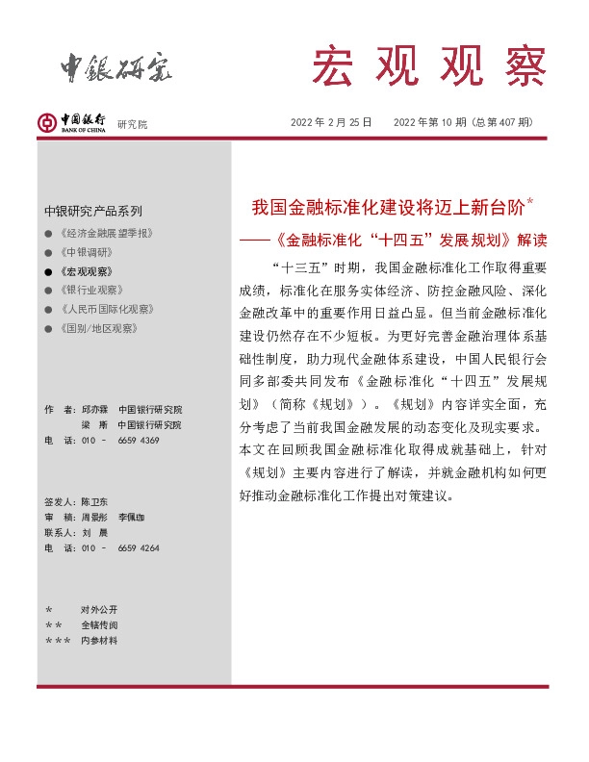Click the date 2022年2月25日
[x=330, y=122]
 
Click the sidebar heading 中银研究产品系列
[x=93, y=211]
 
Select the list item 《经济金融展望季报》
[x=105, y=234]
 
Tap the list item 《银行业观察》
[x=91, y=290]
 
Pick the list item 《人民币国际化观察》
[x=105, y=309]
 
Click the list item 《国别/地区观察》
[x=98, y=328]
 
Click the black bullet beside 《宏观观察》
[x=48, y=271]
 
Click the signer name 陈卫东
[x=95, y=502]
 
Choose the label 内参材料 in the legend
[x=99, y=640]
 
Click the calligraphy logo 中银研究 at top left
[x=116, y=64]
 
